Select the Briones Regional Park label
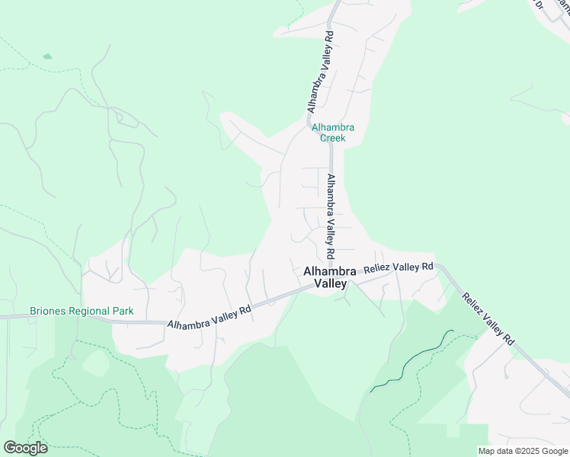[82, 311]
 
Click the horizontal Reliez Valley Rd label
[399, 267]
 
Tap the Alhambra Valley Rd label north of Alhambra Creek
[320, 72]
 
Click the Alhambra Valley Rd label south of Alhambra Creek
[331, 216]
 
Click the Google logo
[25, 448]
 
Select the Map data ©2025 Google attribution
[522, 451]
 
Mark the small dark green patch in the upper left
[47, 56]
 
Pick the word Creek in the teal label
[332, 138]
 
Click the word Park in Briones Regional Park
[123, 311]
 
